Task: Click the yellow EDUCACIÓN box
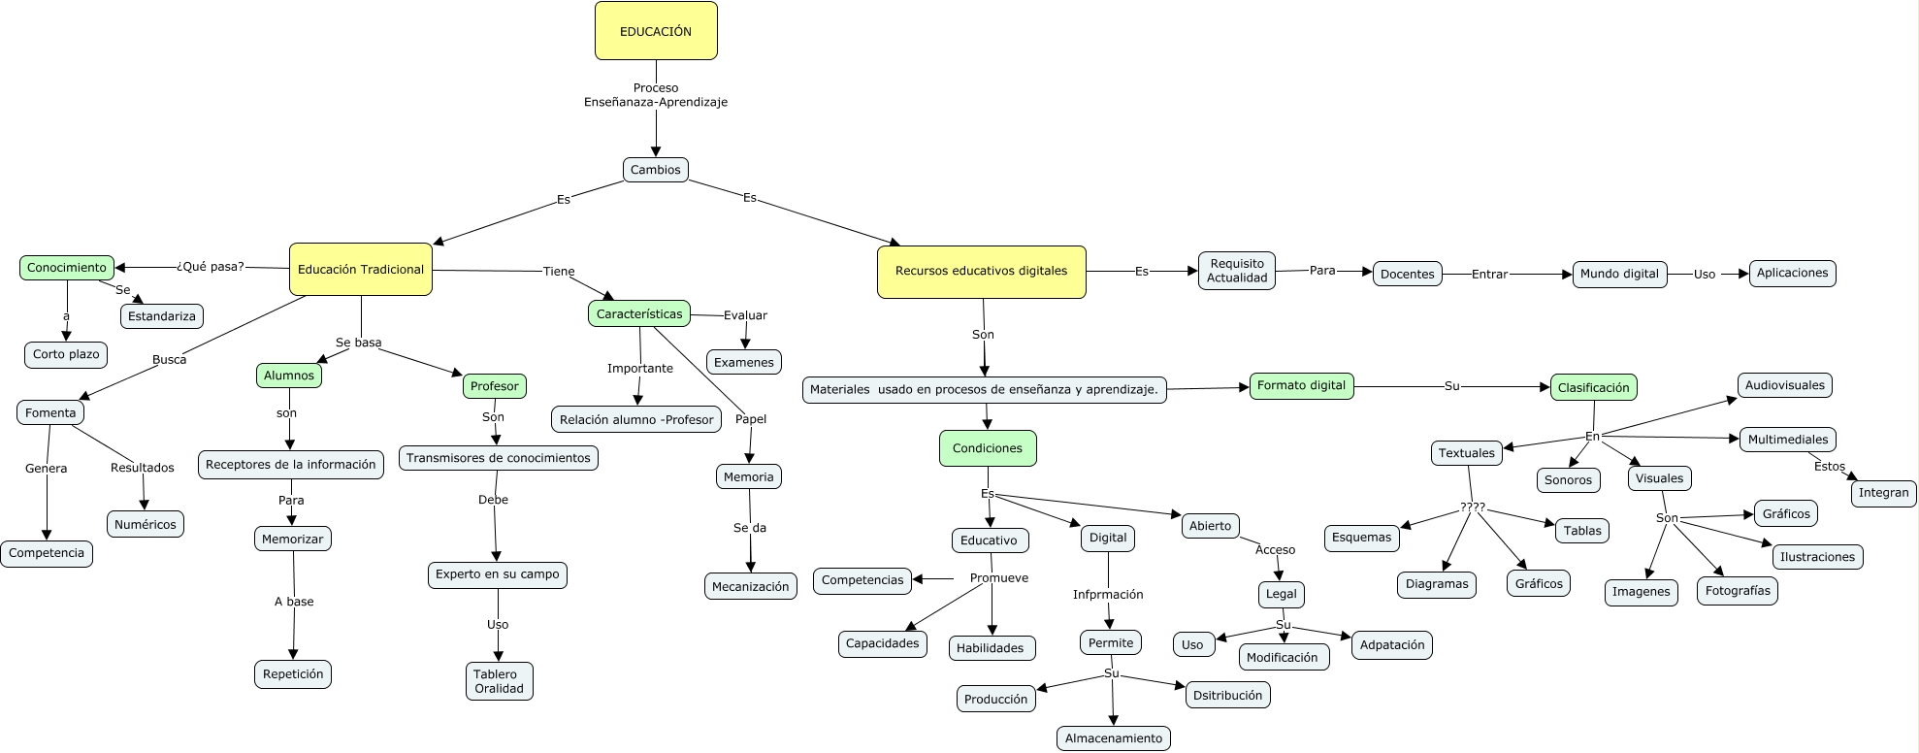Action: [656, 31]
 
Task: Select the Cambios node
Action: [656, 170]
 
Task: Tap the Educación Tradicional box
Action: [361, 270]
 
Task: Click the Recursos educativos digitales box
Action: [981, 272]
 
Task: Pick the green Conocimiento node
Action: [67, 268]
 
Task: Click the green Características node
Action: [639, 314]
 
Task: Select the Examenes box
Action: [744, 363]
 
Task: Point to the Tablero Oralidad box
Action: [499, 681]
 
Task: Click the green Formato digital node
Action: [1301, 386]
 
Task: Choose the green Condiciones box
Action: [988, 448]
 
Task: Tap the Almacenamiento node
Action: [1114, 738]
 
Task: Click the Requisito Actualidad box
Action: [1237, 271]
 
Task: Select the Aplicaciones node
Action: [1792, 274]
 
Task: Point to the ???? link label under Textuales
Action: [1473, 507]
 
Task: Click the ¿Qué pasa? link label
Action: [211, 267]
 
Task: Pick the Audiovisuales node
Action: [1784, 385]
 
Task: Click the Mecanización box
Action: [750, 587]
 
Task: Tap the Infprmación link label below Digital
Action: [1108, 595]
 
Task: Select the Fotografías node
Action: [1738, 591]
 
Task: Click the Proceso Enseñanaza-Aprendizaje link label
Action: [656, 95]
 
